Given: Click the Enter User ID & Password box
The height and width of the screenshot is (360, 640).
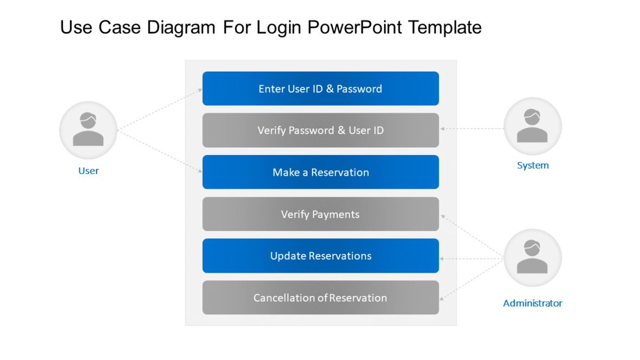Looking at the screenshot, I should (x=321, y=88).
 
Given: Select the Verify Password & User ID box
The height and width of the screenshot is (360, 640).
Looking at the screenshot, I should (x=321, y=130).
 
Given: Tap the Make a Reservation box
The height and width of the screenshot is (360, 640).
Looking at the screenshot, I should (x=321, y=172).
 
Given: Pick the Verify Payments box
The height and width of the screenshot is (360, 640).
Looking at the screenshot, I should (x=321, y=214).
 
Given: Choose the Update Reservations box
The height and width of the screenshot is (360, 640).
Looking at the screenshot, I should (x=321, y=256).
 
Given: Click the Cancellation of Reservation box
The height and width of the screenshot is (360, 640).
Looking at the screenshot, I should (x=321, y=298).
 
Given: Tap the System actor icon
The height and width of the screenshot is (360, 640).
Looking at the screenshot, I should (x=533, y=126).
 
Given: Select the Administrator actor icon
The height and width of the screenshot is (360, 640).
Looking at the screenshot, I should (x=533, y=258).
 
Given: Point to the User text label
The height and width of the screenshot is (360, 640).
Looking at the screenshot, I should (x=88, y=171).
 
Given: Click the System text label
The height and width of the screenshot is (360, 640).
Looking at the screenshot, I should (x=533, y=165).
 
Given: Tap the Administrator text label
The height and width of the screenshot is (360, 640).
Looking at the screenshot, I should (x=533, y=303).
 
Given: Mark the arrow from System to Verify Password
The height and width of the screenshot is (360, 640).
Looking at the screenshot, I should (x=472, y=129).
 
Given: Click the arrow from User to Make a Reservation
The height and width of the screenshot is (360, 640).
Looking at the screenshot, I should (x=160, y=151).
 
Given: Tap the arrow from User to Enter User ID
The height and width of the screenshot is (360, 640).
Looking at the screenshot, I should (x=160, y=110).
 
